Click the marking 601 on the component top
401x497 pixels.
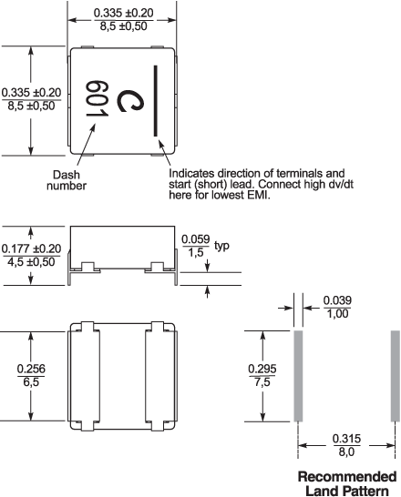tap(97, 98)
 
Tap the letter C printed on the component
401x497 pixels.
tap(130, 101)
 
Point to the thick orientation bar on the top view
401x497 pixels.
tap(156, 101)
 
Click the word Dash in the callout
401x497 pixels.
tap(67, 175)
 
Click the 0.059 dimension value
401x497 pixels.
tap(196, 239)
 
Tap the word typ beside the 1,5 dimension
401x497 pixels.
tap(221, 246)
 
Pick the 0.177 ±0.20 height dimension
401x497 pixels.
tap(31, 248)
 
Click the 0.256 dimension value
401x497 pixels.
tap(31, 369)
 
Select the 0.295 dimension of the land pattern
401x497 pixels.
tap(262, 369)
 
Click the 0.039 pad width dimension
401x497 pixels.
tap(337, 300)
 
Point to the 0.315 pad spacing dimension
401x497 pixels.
tap(346, 439)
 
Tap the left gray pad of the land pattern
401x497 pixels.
tap(298, 376)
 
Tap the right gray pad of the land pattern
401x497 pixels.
tap(395, 376)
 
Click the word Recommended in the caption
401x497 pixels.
tap(347, 477)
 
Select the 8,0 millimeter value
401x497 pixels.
tap(346, 451)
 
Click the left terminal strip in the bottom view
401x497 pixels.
tap(85, 376)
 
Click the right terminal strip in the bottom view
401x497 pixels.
tap(160, 376)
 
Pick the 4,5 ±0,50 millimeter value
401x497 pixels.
tap(31, 262)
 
